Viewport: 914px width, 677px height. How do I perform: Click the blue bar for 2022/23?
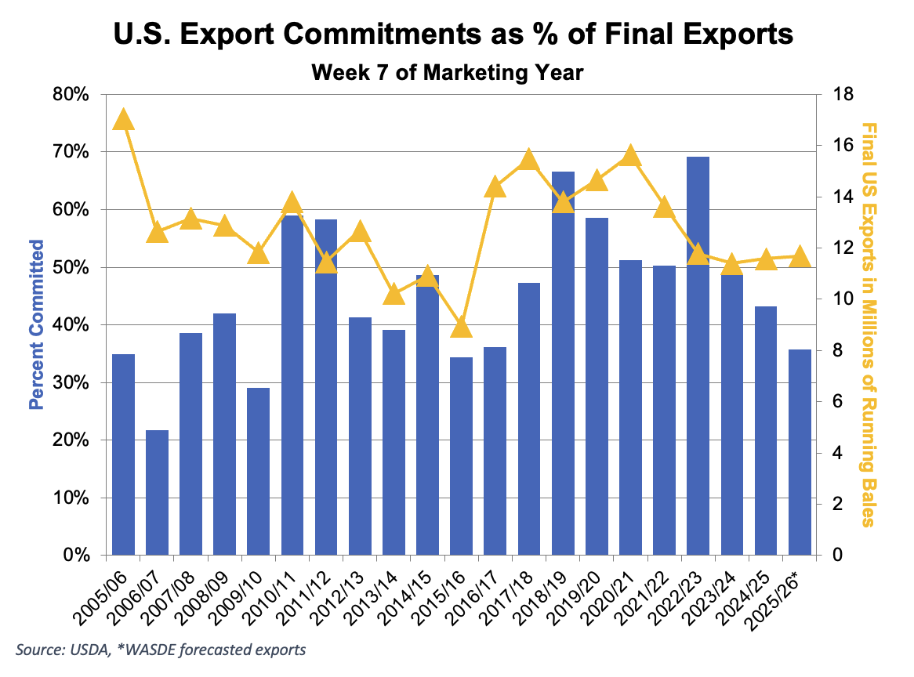pos(698,357)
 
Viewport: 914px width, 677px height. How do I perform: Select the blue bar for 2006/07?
pos(157,493)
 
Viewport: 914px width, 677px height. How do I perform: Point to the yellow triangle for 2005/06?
pos(123,120)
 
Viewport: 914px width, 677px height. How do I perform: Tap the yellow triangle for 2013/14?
pos(394,295)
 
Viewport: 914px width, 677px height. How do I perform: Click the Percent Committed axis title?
pos(35,324)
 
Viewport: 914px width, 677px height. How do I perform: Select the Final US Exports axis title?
pos(868,324)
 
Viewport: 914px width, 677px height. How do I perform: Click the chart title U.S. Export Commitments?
pos(453,35)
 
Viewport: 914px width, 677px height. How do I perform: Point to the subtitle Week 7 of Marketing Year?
pos(448,73)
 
